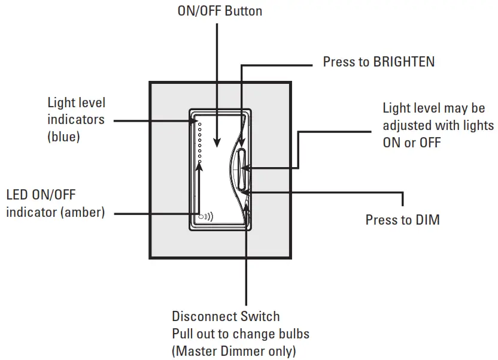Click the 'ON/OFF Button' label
[x=220, y=11]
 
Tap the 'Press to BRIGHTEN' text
[x=378, y=62]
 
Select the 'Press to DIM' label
[x=402, y=220]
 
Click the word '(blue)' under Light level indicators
[x=63, y=137]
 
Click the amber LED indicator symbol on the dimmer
[x=205, y=217]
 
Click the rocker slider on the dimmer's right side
[x=241, y=170]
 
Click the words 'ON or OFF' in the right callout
[x=412, y=143]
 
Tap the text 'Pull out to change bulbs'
[x=240, y=333]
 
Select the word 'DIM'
[x=427, y=220]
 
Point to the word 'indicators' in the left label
[x=75, y=120]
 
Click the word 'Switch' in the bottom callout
[x=261, y=316]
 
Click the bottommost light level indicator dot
[x=200, y=161]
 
